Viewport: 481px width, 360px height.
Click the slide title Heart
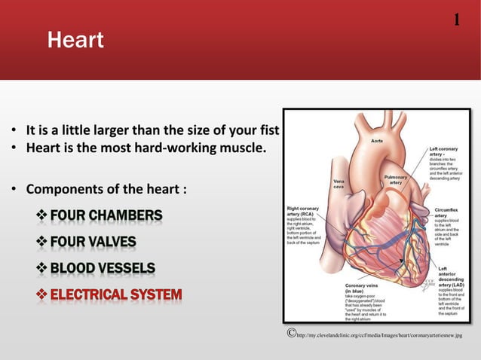pyautogui.click(x=75, y=40)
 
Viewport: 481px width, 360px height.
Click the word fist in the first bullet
pyautogui.click(x=268, y=132)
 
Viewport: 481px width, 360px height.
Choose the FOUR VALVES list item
pyautogui.click(x=93, y=243)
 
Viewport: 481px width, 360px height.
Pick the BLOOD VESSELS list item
pyautogui.click(x=103, y=268)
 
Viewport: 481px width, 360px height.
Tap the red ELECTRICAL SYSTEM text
pyautogui.click(x=116, y=294)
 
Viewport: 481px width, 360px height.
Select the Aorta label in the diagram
pyautogui.click(x=379, y=141)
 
